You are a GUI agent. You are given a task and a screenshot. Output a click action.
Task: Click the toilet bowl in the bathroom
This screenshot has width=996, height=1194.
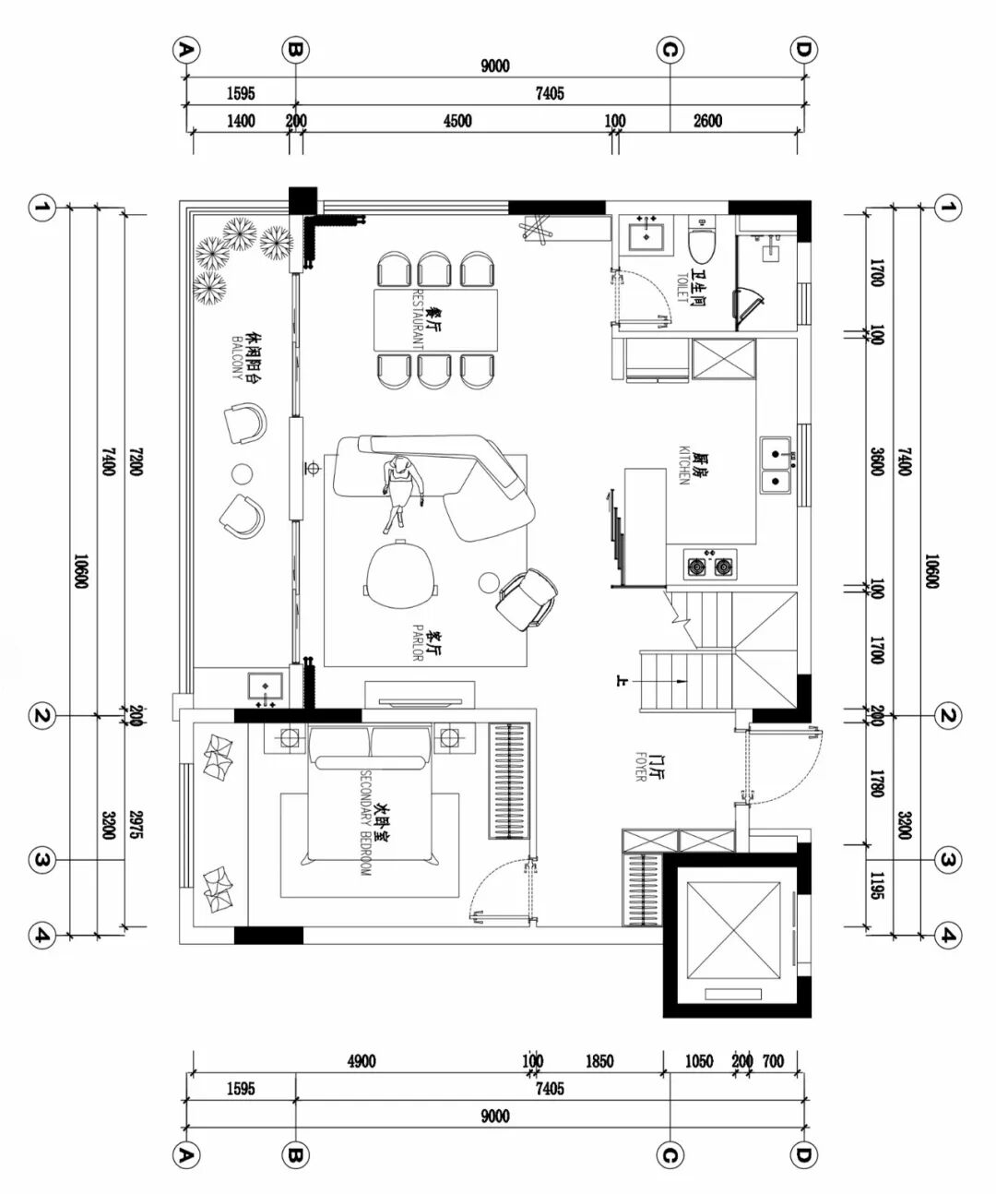(x=702, y=239)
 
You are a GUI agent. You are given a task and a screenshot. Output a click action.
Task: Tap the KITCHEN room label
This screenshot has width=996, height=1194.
(x=683, y=465)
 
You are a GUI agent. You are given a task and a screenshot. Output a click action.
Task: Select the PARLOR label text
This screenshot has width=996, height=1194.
(x=418, y=643)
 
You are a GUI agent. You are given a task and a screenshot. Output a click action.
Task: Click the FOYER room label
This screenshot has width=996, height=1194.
(x=641, y=766)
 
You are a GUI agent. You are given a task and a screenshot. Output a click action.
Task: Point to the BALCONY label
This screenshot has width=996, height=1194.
(x=237, y=357)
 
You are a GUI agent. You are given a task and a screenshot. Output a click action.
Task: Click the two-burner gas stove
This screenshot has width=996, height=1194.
(x=710, y=566)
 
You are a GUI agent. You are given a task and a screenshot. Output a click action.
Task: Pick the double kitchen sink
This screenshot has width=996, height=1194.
(x=776, y=466)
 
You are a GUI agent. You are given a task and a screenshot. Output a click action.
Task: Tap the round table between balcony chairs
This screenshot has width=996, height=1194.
(x=243, y=473)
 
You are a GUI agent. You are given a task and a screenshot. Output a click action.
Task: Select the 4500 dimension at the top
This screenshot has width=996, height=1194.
(x=457, y=121)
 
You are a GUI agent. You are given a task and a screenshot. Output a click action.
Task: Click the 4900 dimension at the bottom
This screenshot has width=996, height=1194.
(x=362, y=1062)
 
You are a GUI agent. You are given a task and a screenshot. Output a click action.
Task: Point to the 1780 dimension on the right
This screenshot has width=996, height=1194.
(x=876, y=783)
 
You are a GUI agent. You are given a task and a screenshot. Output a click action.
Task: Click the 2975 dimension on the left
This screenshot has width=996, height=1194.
(x=136, y=825)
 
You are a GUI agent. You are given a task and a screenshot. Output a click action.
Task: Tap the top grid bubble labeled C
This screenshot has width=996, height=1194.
(x=670, y=51)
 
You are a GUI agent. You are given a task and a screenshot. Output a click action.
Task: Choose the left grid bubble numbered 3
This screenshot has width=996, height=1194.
(x=42, y=859)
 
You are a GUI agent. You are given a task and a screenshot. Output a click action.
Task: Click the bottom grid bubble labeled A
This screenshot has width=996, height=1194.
(x=186, y=1156)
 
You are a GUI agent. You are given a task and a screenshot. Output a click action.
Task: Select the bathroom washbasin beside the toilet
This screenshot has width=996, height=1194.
(x=646, y=235)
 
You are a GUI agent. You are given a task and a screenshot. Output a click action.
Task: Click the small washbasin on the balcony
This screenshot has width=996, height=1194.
(x=266, y=687)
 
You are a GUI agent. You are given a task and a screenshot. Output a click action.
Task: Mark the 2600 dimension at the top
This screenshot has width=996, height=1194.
(x=707, y=121)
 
